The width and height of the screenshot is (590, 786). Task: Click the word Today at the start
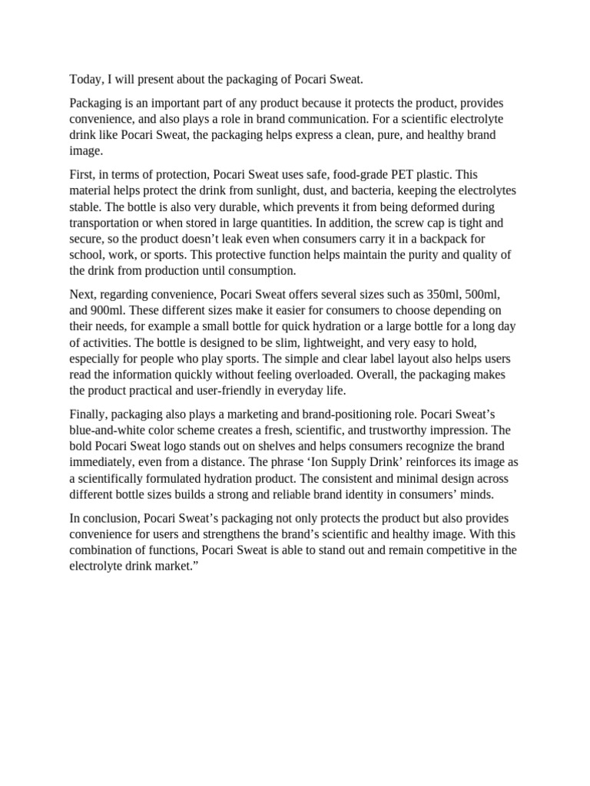click(x=85, y=78)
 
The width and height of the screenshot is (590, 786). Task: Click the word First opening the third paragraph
click(x=82, y=175)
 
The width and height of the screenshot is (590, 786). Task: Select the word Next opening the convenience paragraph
click(x=83, y=294)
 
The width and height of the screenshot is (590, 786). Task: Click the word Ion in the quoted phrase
click(x=332, y=462)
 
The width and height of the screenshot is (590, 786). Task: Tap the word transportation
click(x=105, y=223)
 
